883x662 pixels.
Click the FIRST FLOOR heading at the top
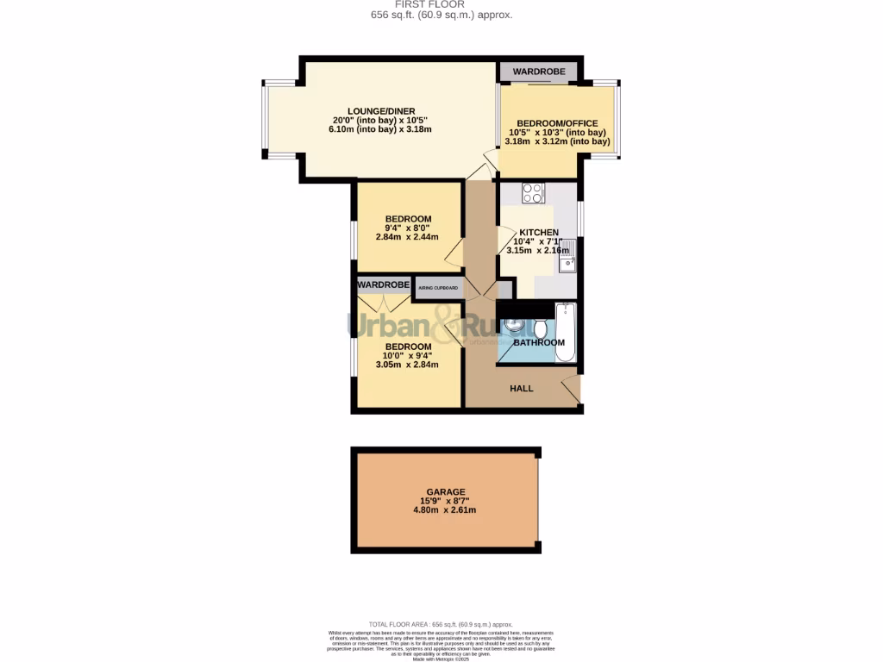(441, 4)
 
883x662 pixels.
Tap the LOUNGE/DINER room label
(381, 110)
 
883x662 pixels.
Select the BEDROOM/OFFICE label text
(556, 123)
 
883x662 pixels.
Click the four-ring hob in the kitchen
(532, 193)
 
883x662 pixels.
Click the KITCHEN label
(538, 233)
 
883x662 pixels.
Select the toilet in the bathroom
(539, 328)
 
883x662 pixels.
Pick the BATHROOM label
(539, 343)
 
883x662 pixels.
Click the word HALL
(522, 389)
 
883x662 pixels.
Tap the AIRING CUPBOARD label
(438, 288)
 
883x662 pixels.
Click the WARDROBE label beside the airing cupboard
(383, 284)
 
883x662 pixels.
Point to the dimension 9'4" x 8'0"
(408, 228)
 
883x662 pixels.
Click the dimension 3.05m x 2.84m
(407, 365)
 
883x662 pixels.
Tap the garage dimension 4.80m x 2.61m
(445, 510)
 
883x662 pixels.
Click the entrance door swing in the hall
(569, 390)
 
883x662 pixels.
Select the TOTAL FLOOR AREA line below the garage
(441, 624)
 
